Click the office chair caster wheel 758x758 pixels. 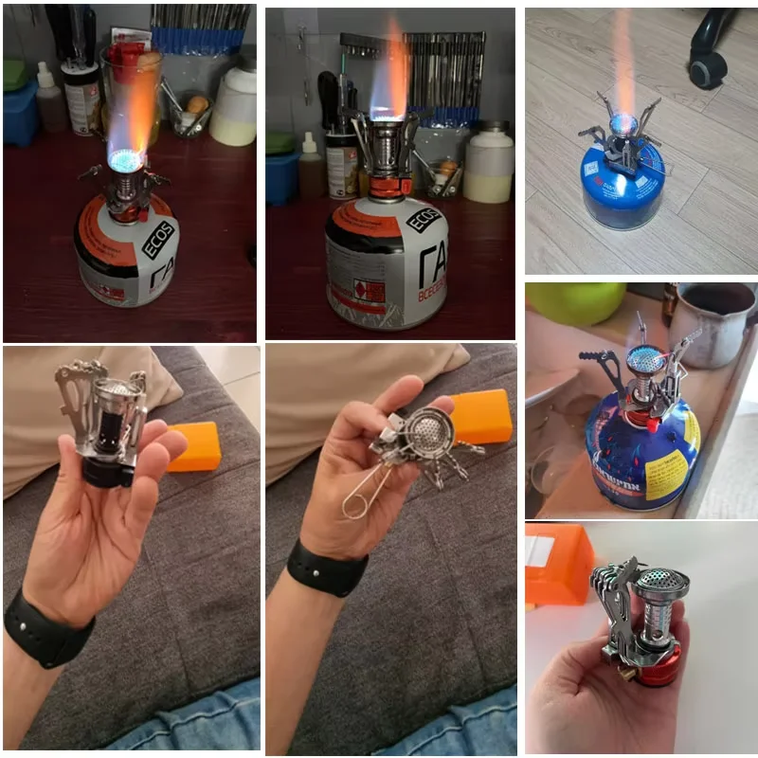tap(707, 68)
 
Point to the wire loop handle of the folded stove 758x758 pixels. tap(357, 494)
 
